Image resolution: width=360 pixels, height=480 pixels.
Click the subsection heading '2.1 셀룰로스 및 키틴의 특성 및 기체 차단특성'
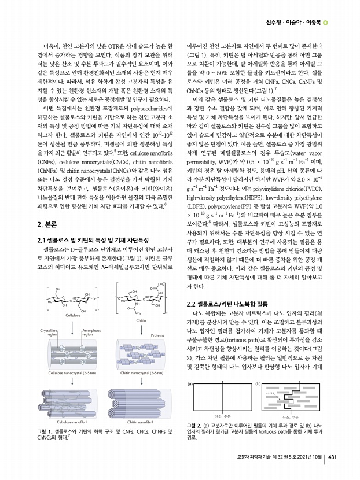(x=92, y=239)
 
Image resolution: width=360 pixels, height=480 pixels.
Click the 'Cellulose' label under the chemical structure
(x=72, y=316)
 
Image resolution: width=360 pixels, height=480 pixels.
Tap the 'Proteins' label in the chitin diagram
(x=157, y=335)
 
